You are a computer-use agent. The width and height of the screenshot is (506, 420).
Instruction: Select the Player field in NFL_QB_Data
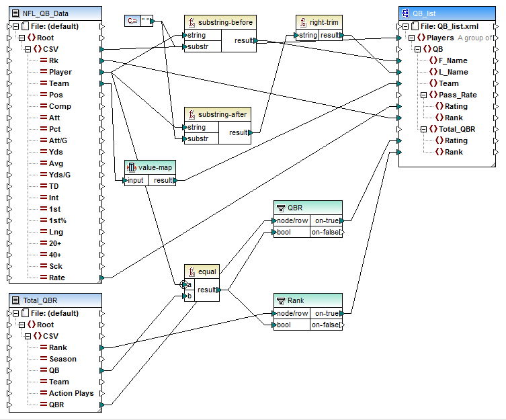click(60, 72)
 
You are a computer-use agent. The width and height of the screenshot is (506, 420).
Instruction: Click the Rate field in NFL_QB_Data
click(56, 278)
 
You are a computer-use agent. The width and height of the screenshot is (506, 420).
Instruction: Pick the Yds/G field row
click(60, 175)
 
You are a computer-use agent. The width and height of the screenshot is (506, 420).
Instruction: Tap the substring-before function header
click(221, 22)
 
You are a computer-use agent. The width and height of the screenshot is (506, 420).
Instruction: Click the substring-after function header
click(221, 114)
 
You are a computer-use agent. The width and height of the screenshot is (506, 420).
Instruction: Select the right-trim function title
click(323, 22)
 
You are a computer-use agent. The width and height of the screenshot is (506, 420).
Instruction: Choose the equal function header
click(206, 271)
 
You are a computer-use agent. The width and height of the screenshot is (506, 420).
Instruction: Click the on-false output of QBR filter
click(325, 233)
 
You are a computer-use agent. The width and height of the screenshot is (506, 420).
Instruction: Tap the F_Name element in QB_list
click(453, 60)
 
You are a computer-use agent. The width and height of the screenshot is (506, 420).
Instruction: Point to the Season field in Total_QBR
click(62, 359)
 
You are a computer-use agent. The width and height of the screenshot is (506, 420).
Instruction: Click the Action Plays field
click(71, 393)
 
